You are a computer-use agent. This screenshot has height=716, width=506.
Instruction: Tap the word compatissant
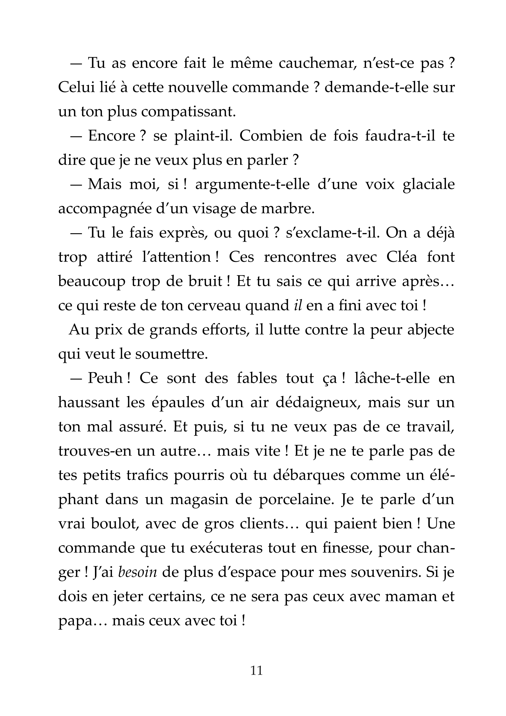click(x=187, y=112)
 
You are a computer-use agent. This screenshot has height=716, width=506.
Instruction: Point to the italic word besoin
click(x=137, y=573)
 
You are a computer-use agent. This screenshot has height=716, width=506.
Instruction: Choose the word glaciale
click(x=429, y=184)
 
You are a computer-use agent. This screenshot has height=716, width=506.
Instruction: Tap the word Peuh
click(x=105, y=378)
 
